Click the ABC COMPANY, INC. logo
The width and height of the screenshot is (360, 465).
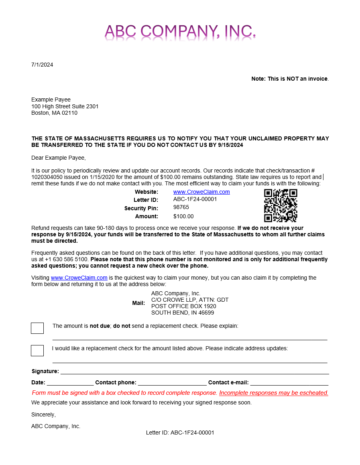pyautogui.click(x=180, y=31)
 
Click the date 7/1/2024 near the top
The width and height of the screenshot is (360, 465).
pyautogui.click(x=42, y=65)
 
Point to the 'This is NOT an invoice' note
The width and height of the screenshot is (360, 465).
pyautogui.click(x=290, y=79)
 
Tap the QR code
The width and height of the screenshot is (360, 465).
pyautogui.click(x=281, y=205)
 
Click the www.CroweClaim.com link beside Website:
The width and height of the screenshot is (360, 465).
pyautogui.click(x=201, y=192)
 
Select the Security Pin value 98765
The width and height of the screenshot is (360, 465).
pyautogui.click(x=181, y=207)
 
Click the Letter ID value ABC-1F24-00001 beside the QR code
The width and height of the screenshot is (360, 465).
pyautogui.click(x=195, y=199)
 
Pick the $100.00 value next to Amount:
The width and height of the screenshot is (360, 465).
pyautogui.click(x=183, y=216)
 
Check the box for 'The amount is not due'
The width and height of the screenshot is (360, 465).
pyautogui.click(x=37, y=328)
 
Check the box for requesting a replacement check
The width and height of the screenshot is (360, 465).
pyautogui.click(x=37, y=351)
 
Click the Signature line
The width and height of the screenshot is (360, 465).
pyautogui.click(x=194, y=373)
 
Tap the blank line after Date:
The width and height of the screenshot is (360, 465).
pyautogui.click(x=70, y=384)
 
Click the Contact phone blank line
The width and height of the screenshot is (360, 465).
pyautogui.click(x=172, y=384)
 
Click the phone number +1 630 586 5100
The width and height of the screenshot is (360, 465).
pyautogui.click(x=67, y=259)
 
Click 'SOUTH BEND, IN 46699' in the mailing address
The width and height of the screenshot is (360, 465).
pyautogui.click(x=183, y=313)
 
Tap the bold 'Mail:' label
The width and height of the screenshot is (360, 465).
pyautogui.click(x=138, y=303)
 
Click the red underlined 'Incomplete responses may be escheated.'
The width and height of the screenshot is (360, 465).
pyautogui.click(x=274, y=393)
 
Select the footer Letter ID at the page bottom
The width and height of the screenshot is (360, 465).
pyautogui.click(x=180, y=433)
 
